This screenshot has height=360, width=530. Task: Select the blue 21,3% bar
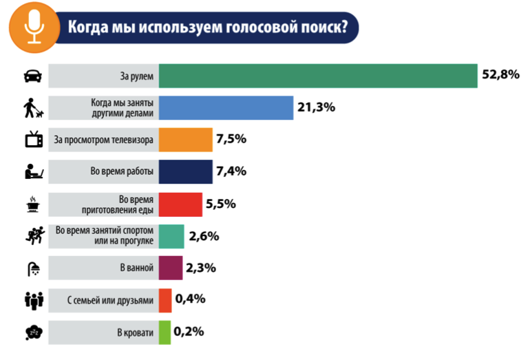coord(226,107)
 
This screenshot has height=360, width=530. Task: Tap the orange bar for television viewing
coord(186,140)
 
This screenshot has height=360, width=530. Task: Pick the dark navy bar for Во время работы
coord(186,171)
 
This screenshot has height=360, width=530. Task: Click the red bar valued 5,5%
coord(181,204)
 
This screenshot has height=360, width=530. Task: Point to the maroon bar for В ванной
coord(171,268)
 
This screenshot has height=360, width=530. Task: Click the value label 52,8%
coord(500,75)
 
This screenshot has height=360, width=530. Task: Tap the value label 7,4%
coord(231,171)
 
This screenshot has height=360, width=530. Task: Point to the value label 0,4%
coord(190,299)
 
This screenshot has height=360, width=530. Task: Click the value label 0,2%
coord(189,332)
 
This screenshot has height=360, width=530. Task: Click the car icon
coord(32,76)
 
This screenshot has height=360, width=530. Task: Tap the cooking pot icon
coord(32,204)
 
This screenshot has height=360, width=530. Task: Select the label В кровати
coord(134,332)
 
